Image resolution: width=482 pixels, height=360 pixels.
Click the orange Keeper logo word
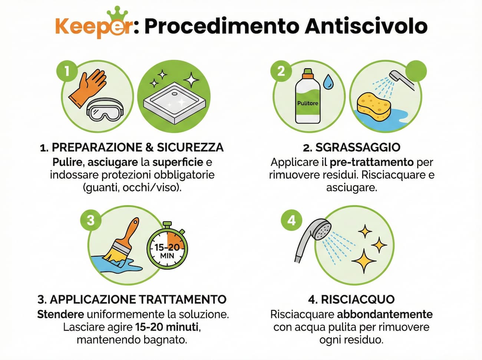[93, 27]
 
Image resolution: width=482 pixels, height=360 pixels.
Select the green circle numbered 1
[67, 70]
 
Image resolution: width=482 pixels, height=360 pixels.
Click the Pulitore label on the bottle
[307, 103]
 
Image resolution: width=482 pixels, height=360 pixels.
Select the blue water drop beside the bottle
[328, 82]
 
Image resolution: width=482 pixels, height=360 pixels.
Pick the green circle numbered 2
[281, 70]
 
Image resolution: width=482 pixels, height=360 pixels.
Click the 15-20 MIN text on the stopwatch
[167, 251]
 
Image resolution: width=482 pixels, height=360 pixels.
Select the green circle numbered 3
[90, 221]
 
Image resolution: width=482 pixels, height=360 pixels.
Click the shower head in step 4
[313, 237]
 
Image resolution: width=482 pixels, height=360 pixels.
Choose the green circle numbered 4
[292, 221]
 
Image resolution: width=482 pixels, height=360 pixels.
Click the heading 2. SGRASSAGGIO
[351, 147]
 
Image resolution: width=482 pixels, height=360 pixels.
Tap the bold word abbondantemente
[384, 314]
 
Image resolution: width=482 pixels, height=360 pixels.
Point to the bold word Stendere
[60, 314]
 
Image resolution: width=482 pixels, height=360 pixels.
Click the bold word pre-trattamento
[372, 162]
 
